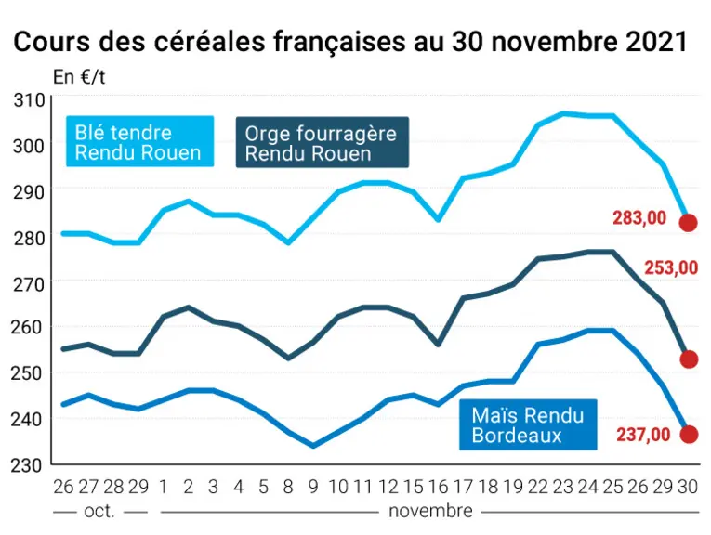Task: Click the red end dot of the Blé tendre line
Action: (x=688, y=223)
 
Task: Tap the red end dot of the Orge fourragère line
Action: (x=689, y=359)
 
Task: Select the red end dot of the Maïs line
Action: (x=689, y=435)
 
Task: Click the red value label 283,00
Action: (x=639, y=218)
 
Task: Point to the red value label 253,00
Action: (x=671, y=268)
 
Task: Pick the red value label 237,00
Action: (x=643, y=435)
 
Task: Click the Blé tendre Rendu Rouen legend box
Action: (x=139, y=142)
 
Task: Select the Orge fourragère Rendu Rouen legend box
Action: (x=322, y=143)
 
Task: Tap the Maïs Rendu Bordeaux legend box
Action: (x=528, y=424)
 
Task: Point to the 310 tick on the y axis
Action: (x=30, y=100)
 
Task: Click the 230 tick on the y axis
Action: (x=26, y=465)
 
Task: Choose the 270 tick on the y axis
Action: (x=29, y=284)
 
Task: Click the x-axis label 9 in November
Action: (x=313, y=487)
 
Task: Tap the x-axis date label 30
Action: (x=688, y=487)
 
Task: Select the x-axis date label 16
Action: (x=438, y=487)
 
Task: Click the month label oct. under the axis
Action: (x=99, y=512)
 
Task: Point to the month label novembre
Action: (x=430, y=512)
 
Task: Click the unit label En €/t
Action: (x=79, y=77)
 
